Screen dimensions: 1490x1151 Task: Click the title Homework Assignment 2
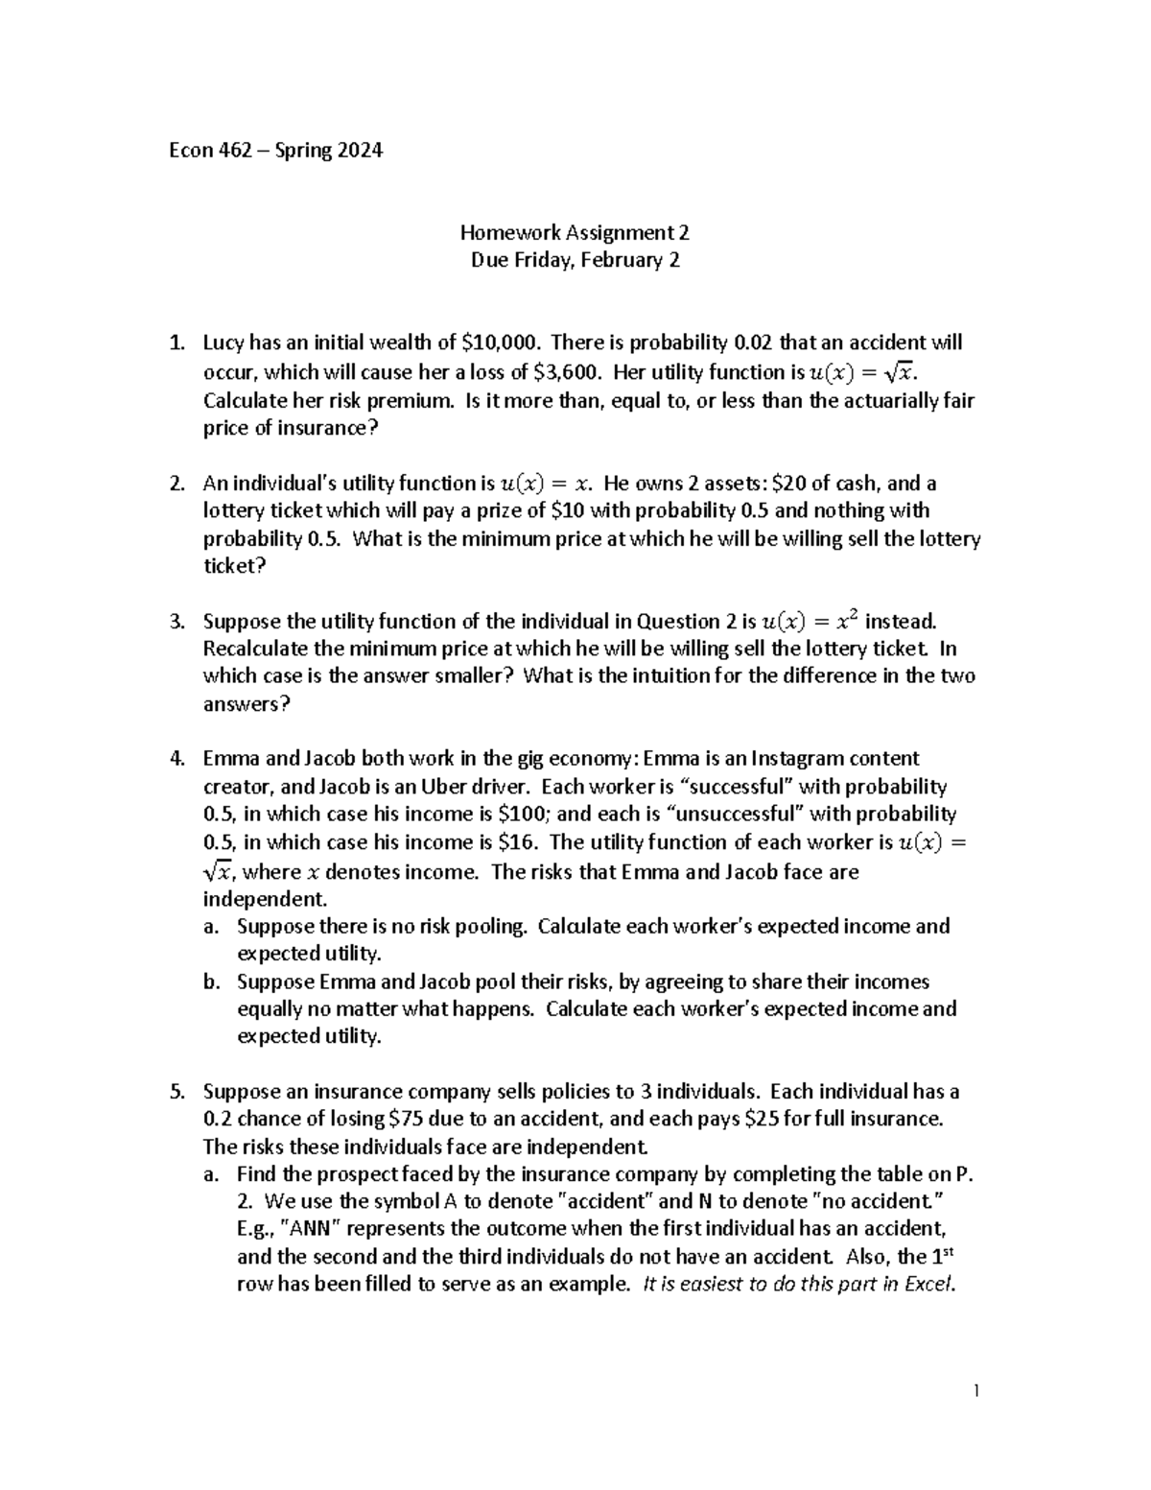[x=575, y=232]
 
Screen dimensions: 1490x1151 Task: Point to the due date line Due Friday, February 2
[x=575, y=260]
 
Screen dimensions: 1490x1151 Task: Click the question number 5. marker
[x=176, y=1091]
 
